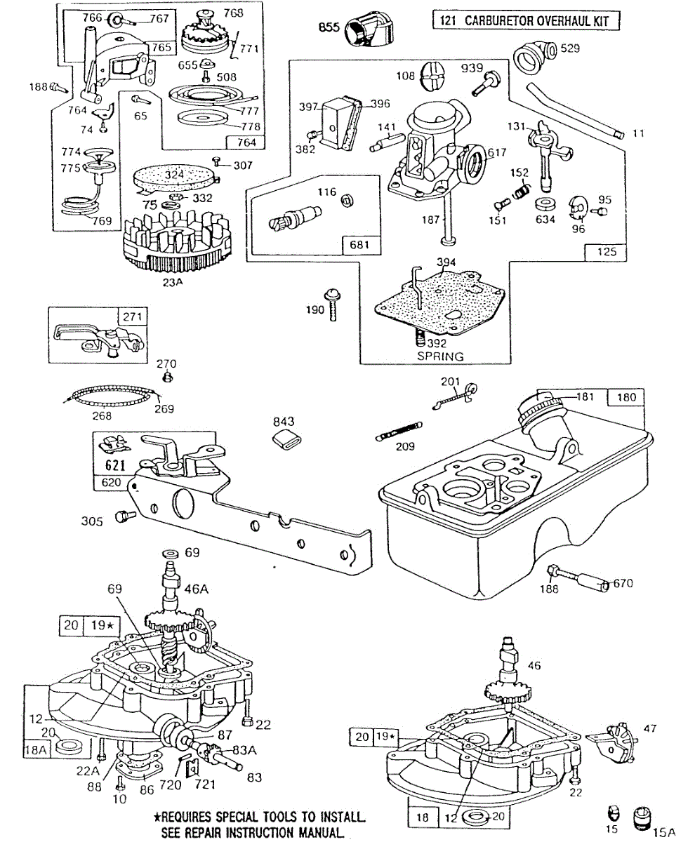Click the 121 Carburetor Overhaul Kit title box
[527, 20]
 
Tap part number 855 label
[329, 27]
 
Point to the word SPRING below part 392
[440, 356]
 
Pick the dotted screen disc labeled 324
[173, 175]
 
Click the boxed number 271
[133, 317]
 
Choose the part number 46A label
[196, 591]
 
